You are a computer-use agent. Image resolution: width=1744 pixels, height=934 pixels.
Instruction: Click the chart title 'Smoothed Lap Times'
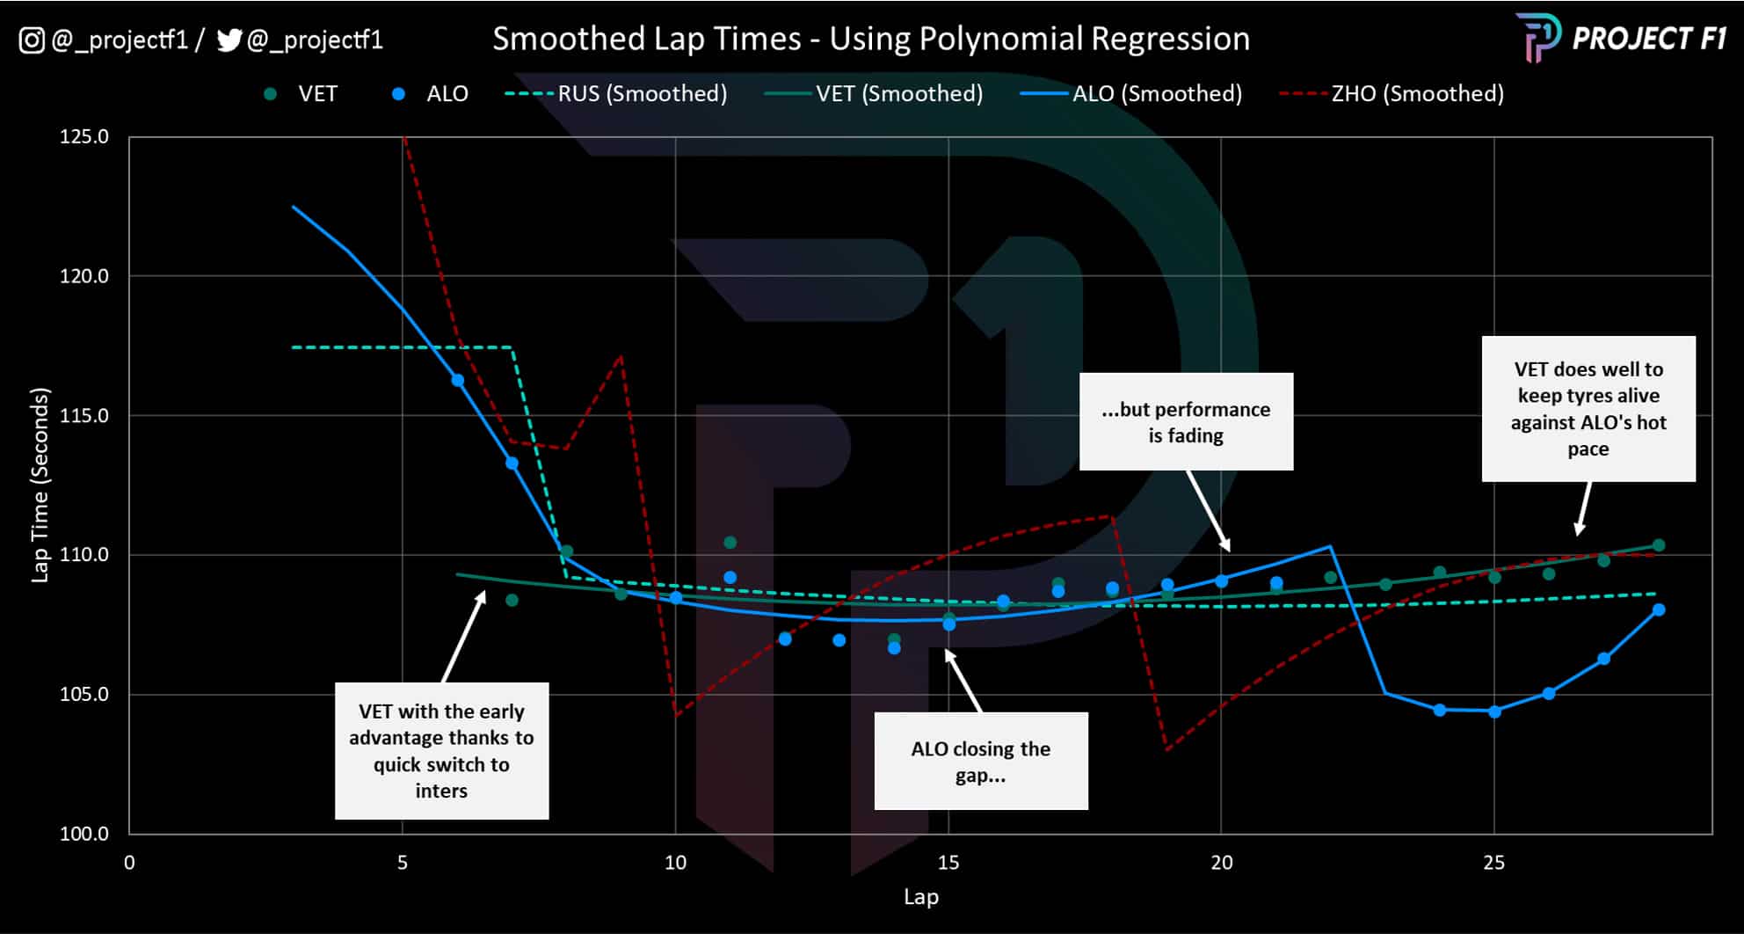coord(870,39)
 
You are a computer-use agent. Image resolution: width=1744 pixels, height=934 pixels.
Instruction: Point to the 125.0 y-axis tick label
coord(84,136)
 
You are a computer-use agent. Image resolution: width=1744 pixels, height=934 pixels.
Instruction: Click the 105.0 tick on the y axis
coord(84,694)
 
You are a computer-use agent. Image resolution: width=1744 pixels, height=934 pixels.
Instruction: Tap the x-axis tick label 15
coord(948,863)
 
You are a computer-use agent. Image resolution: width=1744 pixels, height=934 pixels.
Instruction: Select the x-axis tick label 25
coord(1493,863)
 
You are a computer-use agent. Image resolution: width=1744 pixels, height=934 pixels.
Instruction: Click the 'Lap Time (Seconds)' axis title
coord(40,485)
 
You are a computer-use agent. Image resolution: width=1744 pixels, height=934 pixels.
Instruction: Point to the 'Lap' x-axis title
coord(920,897)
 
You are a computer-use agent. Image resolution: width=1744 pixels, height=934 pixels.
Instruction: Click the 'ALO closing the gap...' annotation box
coord(980,761)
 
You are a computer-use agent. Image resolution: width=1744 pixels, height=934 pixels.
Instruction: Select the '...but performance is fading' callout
coord(1186,422)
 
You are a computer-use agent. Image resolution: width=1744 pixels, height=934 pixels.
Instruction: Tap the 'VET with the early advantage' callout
coord(441,750)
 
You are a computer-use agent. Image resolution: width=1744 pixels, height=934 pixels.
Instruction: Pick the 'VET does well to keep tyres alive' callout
coord(1588,409)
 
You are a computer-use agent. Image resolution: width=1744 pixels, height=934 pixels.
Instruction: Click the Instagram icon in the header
coord(32,40)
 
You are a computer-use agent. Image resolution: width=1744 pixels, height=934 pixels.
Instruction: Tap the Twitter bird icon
coord(229,40)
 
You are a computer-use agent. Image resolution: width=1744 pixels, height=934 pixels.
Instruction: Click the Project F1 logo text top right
coord(1648,39)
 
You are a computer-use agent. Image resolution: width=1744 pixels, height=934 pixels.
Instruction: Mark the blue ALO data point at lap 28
coord(1659,609)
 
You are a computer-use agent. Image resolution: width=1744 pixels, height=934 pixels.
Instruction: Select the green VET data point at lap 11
coord(730,543)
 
